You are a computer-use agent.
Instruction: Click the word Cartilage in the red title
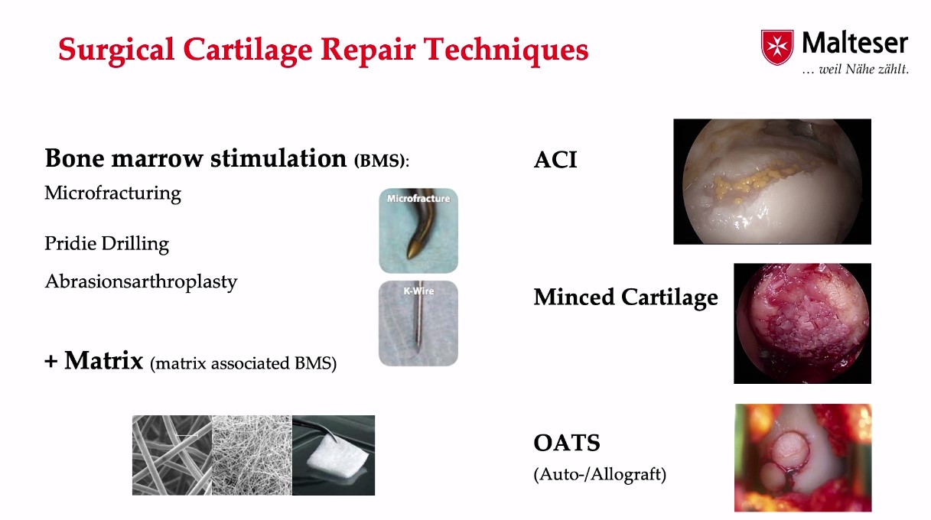tap(247, 50)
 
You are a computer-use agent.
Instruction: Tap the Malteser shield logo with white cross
tap(776, 47)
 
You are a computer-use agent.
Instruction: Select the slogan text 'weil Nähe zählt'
tap(863, 69)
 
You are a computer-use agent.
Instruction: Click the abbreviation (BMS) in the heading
tap(381, 161)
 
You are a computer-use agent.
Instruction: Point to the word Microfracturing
tap(112, 193)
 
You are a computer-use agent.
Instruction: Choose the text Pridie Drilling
tap(107, 244)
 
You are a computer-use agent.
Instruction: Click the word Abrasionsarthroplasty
tap(141, 281)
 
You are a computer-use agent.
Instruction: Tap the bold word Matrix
tap(103, 360)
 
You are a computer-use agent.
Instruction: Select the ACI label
tap(555, 160)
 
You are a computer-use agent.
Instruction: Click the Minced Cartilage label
tap(626, 297)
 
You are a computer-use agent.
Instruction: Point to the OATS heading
tap(567, 443)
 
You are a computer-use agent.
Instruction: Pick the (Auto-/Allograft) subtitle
tap(600, 474)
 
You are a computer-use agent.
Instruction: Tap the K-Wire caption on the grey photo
tap(418, 291)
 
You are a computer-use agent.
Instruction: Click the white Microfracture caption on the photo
tap(418, 199)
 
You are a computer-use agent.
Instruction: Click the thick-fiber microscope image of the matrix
tap(171, 455)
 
